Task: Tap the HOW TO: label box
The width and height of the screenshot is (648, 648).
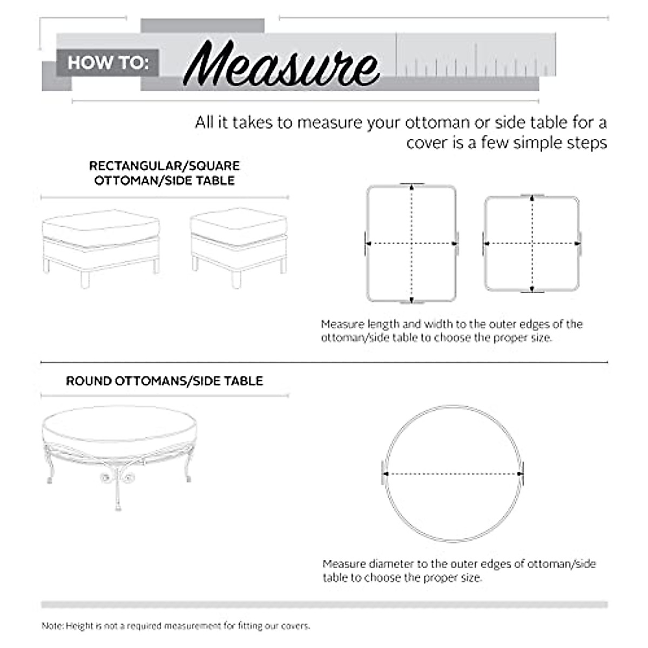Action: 107,63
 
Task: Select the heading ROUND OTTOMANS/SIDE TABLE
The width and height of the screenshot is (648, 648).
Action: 164,381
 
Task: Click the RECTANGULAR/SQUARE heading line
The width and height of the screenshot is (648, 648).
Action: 164,166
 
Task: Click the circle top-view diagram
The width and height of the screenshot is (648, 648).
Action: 453,474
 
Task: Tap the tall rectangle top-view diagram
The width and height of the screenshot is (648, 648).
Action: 411,243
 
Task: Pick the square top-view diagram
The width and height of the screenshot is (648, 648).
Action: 532,244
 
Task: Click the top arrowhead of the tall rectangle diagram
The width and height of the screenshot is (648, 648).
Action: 412,187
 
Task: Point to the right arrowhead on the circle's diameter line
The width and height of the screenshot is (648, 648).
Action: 519,474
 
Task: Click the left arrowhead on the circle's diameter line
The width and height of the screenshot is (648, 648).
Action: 386,474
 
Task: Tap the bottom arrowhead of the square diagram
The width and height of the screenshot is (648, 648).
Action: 532,289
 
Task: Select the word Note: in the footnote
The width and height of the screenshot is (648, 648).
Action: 52,626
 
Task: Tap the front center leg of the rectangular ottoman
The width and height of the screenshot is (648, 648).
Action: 84,279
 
